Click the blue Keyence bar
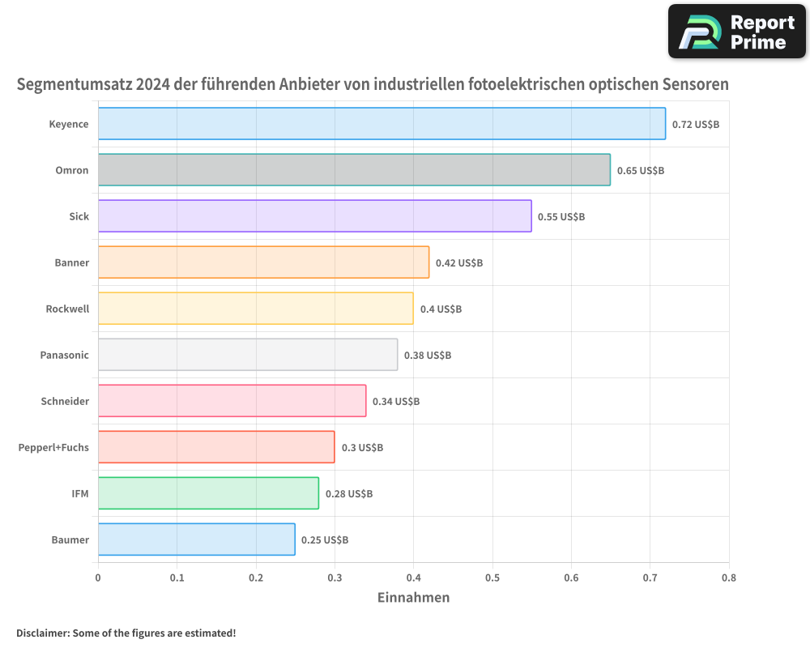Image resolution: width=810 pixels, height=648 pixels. pos(381,124)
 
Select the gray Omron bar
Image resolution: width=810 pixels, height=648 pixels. pos(354,170)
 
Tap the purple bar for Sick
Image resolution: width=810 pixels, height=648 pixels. pos(314,216)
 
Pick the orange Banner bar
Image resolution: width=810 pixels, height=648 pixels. pos(263,262)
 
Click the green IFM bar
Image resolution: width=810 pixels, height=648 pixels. pos(208,493)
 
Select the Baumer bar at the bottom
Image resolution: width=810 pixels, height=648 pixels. pos(196,539)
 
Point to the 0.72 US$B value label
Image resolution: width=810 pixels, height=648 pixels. pos(695,125)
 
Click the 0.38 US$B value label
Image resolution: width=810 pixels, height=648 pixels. pos(427,356)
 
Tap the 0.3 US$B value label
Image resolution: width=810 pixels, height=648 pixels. pos(362,448)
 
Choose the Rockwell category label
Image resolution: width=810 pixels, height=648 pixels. pos(67,309)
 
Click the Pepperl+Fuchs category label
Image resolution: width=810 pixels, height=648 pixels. pos(53,447)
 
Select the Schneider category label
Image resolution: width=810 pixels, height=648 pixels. pos(65,401)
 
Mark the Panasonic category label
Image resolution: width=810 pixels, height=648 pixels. pos(64,355)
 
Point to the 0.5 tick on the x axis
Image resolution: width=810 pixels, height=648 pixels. pos(492,578)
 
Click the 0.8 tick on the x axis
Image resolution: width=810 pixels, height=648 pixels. pos(728,578)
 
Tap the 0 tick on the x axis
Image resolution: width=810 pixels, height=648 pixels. pos(98,578)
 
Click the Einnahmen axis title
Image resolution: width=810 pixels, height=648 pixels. pos(413,598)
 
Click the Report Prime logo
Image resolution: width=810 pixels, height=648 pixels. pos(737,32)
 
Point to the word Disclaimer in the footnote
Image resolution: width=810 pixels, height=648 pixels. pos(42,633)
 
